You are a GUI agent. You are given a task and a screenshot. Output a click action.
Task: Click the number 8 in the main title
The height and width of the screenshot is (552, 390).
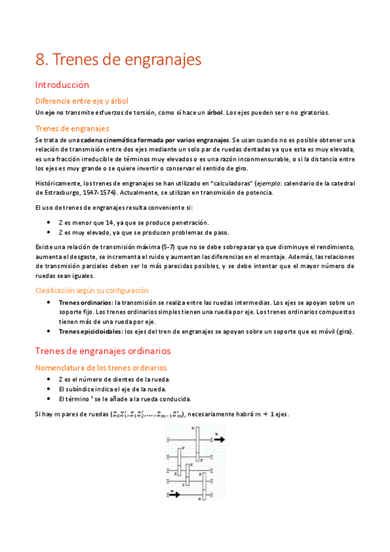pyautogui.click(x=40, y=60)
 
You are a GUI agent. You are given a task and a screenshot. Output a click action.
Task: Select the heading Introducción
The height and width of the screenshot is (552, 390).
pyautogui.click(x=62, y=85)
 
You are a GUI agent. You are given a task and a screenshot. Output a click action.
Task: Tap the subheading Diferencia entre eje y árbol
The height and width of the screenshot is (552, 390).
pyautogui.click(x=81, y=100)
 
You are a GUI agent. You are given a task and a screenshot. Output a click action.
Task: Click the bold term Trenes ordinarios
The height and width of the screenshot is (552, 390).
pyautogui.click(x=85, y=303)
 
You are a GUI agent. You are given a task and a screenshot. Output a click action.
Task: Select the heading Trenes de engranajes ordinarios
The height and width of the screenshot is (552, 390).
pyautogui.click(x=103, y=351)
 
